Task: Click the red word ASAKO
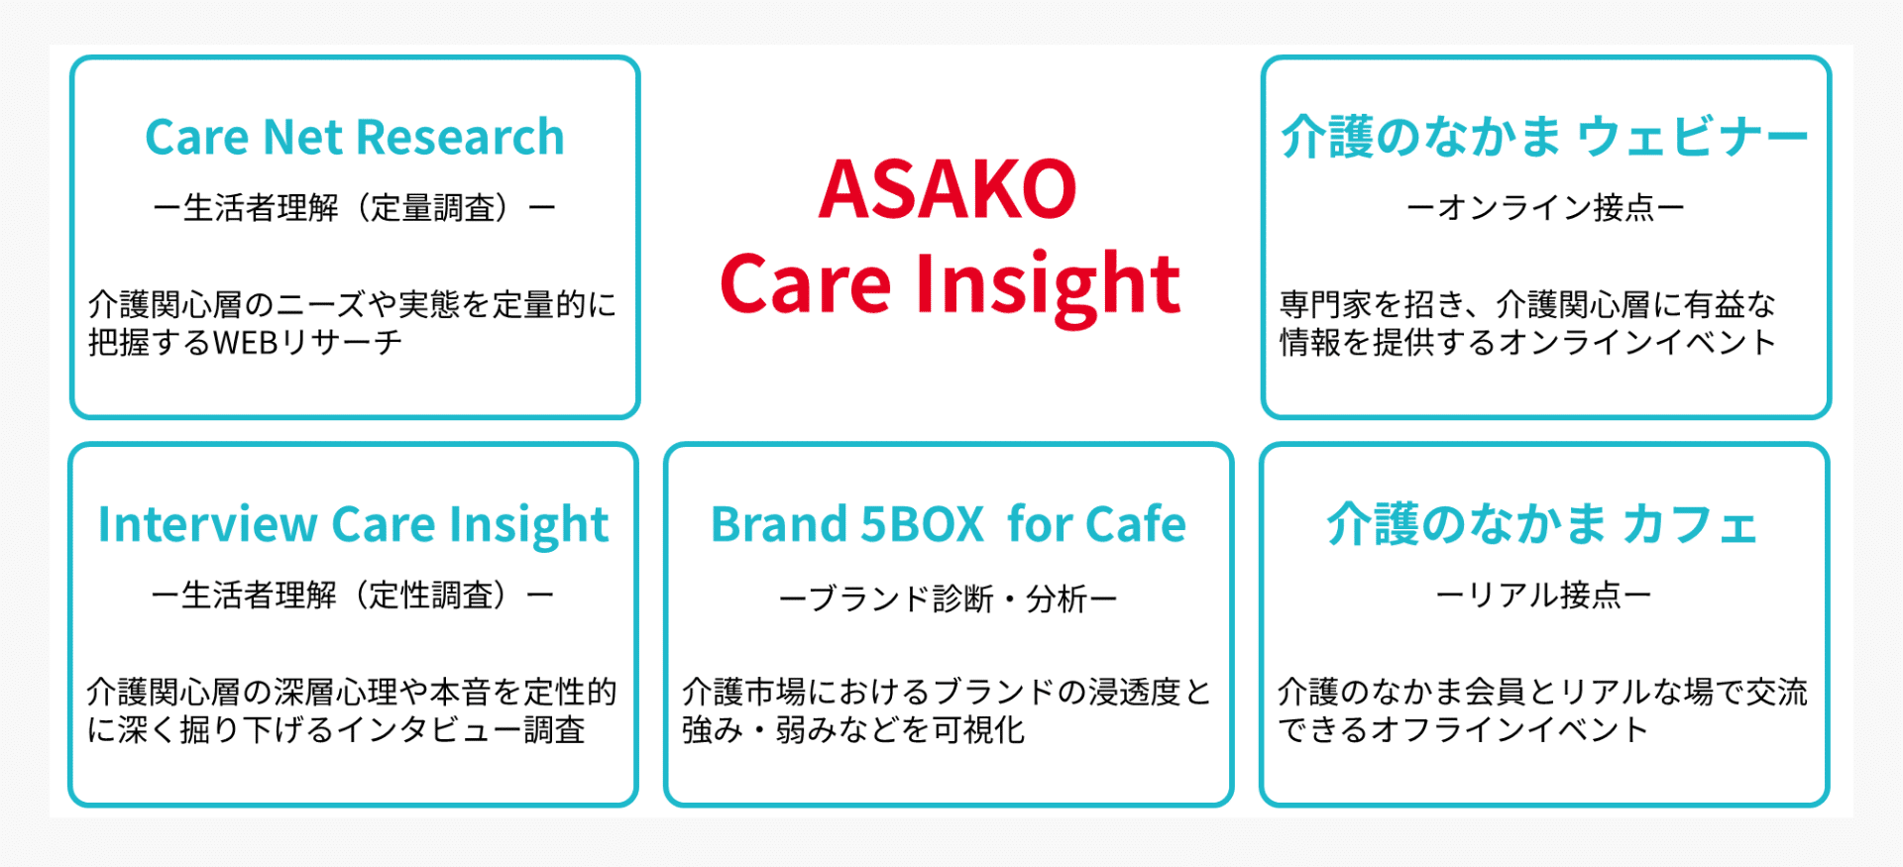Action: pos(948,189)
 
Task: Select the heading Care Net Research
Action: pos(355,137)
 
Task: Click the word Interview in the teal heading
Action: pos(207,524)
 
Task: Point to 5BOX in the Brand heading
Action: pos(922,524)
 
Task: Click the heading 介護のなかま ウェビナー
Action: pos(1545,137)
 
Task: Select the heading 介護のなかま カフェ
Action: pos(1542,524)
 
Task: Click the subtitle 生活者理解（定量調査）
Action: pos(355,208)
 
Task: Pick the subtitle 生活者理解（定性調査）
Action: pos(353,596)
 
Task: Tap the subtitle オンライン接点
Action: pos(1545,208)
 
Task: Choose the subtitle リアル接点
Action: pos(1543,596)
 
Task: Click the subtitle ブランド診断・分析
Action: pos(949,598)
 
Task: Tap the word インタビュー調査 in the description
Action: pos(461,730)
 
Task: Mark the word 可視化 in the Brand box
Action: pos(979,730)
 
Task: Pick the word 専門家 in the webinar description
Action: pos(1325,304)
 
